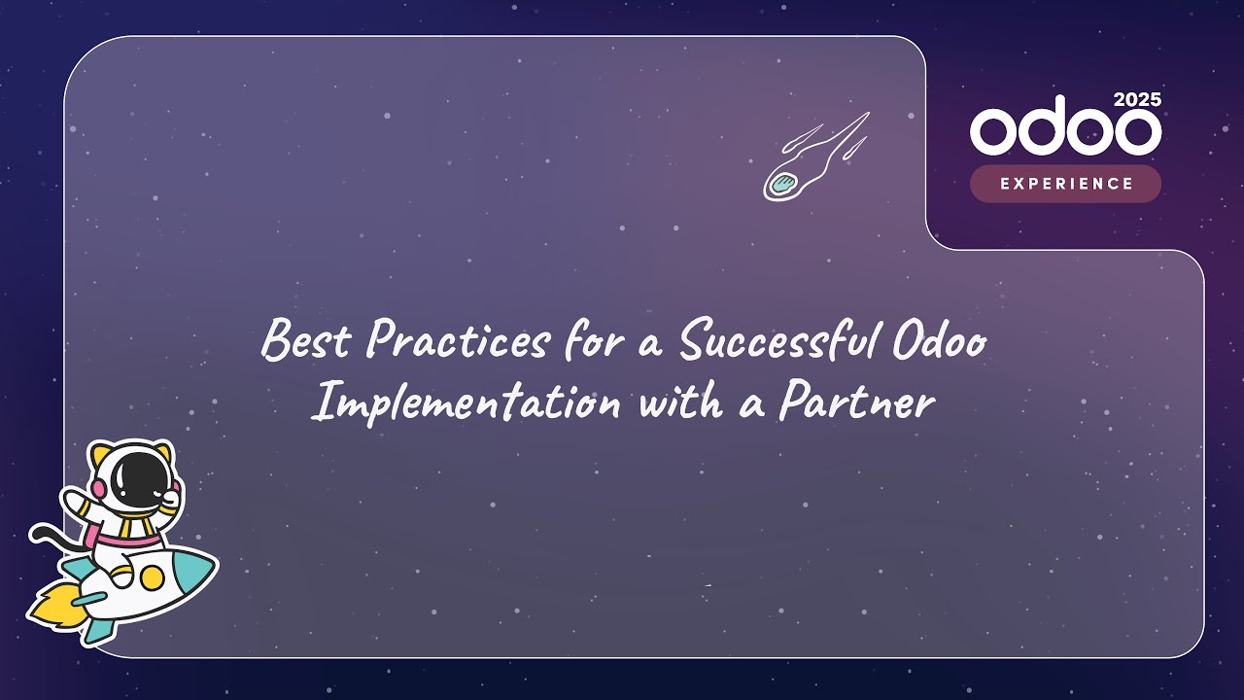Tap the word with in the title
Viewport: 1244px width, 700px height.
(679, 401)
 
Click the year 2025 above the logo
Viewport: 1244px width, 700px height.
(1136, 100)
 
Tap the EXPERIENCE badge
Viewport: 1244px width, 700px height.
(1065, 184)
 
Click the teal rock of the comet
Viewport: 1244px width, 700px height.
(783, 182)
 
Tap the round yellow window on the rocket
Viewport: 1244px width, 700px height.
(151, 577)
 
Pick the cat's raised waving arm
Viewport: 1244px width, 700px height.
(78, 497)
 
